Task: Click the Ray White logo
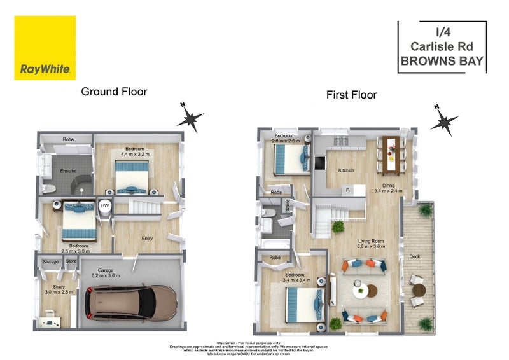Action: tap(45, 48)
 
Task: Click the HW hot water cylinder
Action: tap(104, 207)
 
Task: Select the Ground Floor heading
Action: tap(114, 92)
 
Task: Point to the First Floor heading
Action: tap(351, 95)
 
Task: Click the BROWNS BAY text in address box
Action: tap(442, 62)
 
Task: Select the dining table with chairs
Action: tap(389, 155)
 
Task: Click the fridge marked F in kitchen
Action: tap(347, 190)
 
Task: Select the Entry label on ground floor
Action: tap(147, 239)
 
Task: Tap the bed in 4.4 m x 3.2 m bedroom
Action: tap(132, 177)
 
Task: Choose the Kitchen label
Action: tap(345, 170)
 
